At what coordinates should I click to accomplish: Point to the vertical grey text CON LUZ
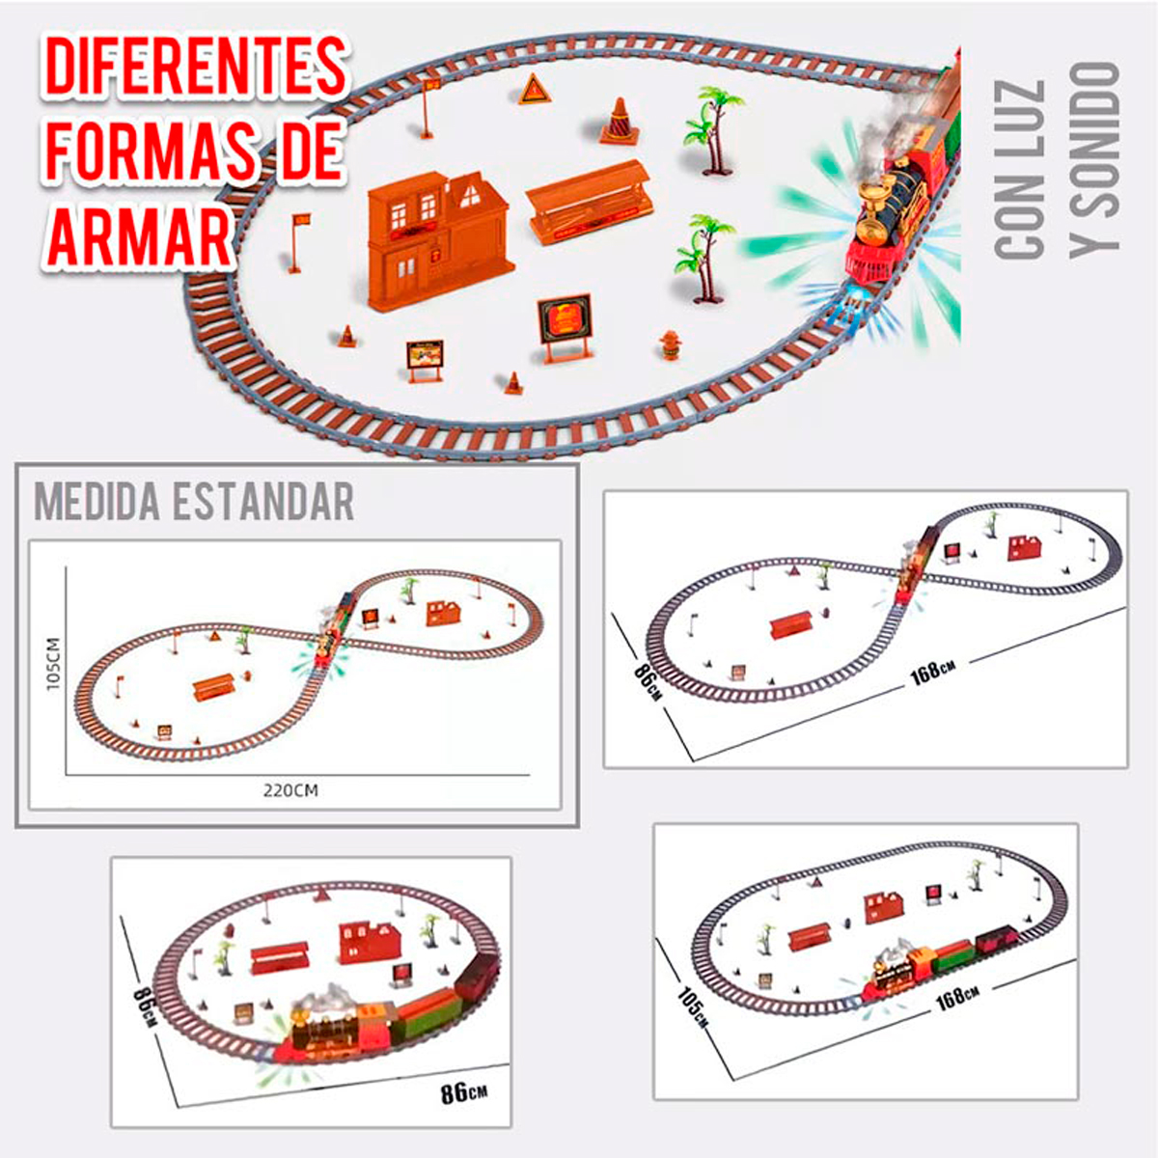pos(1020,170)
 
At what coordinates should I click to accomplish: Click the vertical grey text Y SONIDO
pos(1094,160)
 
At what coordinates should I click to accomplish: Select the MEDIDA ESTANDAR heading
pos(194,502)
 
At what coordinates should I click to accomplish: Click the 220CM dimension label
pos(290,790)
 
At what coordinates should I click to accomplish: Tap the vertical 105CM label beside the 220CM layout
pos(53,662)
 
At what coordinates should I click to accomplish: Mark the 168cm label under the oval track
pos(957,997)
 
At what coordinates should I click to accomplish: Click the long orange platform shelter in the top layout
pos(586,202)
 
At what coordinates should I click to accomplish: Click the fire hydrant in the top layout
pos(669,345)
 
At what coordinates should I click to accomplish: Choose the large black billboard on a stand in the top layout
pos(564,324)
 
